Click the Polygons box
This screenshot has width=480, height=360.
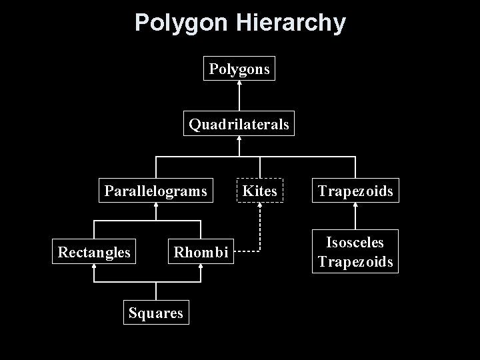point(239,68)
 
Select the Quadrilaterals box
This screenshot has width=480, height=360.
point(239,124)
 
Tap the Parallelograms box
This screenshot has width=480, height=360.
point(155,191)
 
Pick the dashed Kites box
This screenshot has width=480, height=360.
point(260,191)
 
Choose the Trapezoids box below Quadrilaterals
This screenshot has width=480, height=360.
point(355,191)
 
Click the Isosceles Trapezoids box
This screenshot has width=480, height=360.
point(355,251)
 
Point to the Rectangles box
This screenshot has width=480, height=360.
point(94,252)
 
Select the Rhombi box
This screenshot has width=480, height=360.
point(201,252)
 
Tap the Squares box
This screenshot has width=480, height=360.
point(156,313)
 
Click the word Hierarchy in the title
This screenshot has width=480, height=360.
point(291,23)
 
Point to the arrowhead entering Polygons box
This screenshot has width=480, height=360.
point(239,83)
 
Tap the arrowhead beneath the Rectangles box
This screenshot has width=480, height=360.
point(94,267)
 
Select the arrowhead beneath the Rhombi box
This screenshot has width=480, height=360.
point(201,267)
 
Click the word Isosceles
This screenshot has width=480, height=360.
point(355,243)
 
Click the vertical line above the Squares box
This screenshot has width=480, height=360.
point(156,291)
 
